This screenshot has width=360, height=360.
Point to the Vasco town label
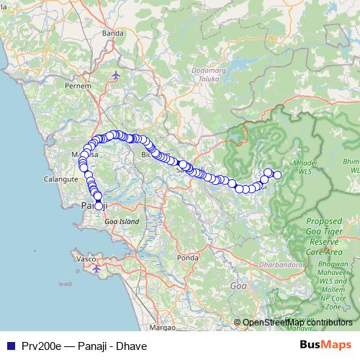(x=81, y=258)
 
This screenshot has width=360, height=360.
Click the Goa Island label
(x=120, y=222)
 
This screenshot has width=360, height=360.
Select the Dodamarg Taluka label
(x=210, y=74)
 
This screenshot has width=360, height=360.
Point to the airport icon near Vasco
(x=97, y=269)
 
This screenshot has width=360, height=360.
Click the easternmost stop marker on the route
(x=277, y=175)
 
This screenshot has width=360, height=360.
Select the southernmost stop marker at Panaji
(x=99, y=207)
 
